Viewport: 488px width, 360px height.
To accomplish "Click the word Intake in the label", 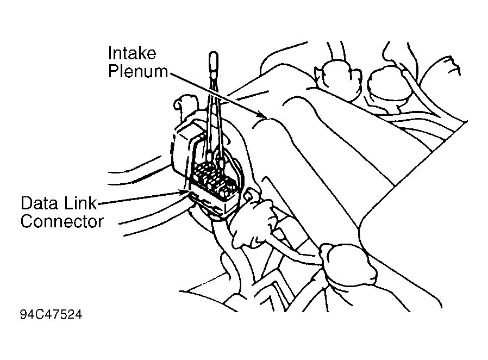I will [132, 53].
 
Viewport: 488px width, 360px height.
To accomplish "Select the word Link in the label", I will [79, 204].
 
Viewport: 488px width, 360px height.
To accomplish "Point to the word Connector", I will [61, 222].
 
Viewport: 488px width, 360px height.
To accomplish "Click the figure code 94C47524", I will [51, 315].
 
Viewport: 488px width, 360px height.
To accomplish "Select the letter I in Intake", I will [110, 53].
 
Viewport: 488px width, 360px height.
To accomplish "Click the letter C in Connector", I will [27, 222].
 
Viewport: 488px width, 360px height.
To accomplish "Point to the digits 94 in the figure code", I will [26, 315].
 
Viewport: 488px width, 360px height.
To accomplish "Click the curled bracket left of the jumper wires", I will [183, 103].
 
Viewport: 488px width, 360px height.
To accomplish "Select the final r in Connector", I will [100, 222].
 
